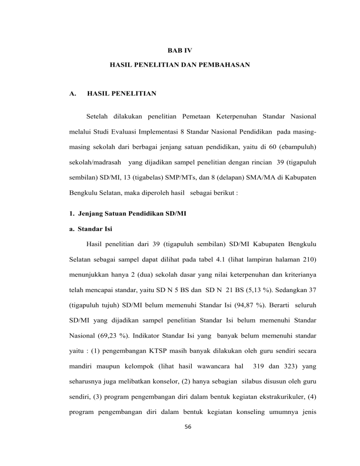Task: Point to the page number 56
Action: click(180, 446)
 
